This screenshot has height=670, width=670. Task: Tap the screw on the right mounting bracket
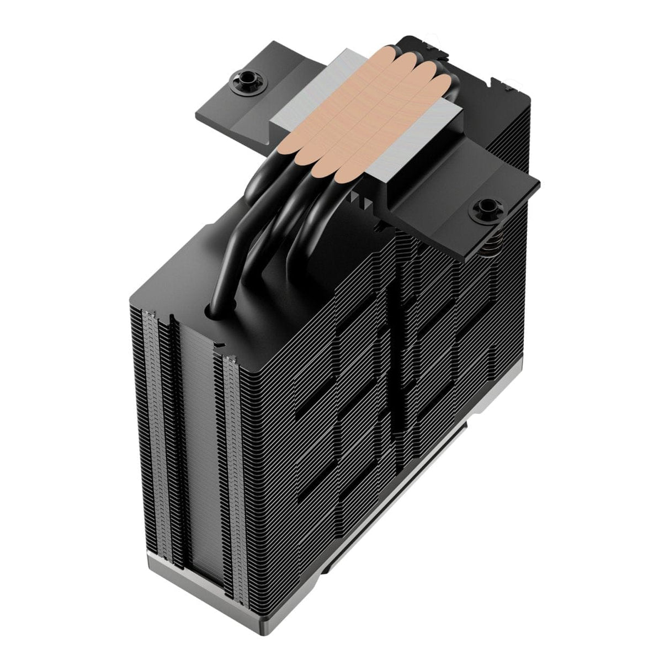click(486, 208)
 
